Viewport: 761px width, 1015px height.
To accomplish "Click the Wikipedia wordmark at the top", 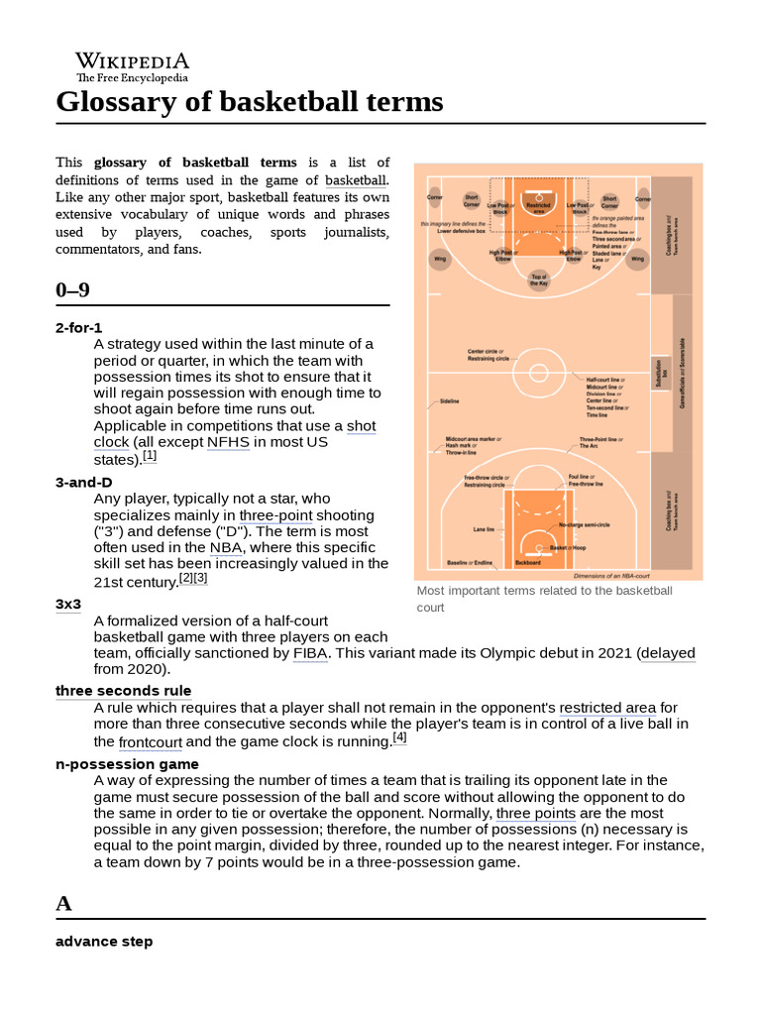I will (132, 61).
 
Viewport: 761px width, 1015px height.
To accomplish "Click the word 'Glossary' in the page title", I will (113, 102).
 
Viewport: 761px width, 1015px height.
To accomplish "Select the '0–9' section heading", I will (72, 289).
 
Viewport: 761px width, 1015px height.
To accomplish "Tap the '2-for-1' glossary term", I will (78, 327).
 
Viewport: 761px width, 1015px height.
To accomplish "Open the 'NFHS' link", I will (227, 442).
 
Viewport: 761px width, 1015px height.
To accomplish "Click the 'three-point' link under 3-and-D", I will (275, 515).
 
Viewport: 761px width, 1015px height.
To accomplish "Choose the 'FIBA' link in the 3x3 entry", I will (309, 653).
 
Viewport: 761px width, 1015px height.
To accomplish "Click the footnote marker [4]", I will (399, 737).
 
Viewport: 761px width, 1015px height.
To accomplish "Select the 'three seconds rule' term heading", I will (123, 691).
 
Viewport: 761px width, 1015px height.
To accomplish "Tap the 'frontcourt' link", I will (150, 741).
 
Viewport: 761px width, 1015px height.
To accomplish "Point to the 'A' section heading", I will (64, 903).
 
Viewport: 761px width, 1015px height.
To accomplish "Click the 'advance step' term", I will (104, 941).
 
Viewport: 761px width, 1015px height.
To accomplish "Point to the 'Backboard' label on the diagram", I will (528, 562).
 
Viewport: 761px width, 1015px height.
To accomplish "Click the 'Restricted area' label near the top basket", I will (539, 207).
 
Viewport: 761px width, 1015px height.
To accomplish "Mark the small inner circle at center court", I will (538, 374).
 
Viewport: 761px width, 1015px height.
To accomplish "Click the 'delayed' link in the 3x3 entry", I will (669, 653).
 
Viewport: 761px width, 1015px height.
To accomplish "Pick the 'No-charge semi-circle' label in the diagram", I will (585, 524).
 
